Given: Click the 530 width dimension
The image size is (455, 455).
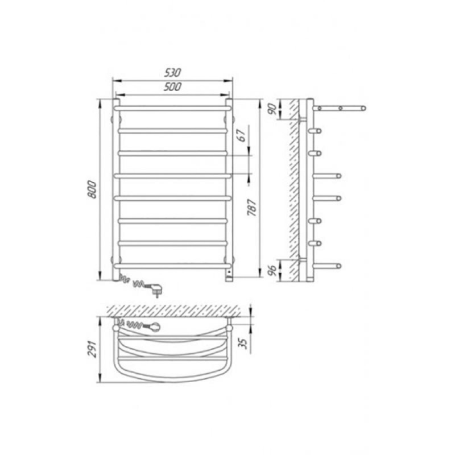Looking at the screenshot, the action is [x=172, y=73].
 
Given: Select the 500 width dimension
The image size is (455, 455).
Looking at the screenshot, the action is [x=172, y=86].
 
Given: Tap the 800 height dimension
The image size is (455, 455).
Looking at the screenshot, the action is [x=92, y=189].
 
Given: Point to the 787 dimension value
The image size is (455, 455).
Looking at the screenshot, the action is [x=251, y=208].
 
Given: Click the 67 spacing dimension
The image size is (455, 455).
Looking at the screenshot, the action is [x=242, y=135].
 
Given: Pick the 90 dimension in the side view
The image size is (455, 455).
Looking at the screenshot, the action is [x=272, y=109].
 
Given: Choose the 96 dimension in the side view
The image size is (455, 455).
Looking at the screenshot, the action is [x=272, y=271].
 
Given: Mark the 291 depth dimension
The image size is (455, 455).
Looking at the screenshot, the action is [x=92, y=349].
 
